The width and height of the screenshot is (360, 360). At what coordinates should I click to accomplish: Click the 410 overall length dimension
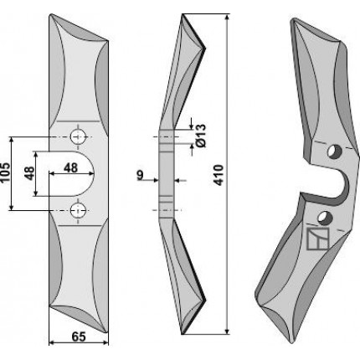(x=219, y=175)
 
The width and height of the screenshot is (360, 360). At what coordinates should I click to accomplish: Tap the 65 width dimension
(x=79, y=337)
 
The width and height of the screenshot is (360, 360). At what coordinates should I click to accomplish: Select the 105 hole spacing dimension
(x=5, y=172)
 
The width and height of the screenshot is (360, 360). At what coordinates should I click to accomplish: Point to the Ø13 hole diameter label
(x=201, y=136)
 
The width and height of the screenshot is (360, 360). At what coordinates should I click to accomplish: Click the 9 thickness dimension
(x=140, y=175)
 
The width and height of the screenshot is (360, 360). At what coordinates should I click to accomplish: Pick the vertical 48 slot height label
(x=30, y=173)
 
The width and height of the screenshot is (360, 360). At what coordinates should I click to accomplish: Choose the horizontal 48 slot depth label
(x=70, y=168)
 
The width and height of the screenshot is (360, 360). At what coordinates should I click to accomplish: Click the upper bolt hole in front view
(x=78, y=136)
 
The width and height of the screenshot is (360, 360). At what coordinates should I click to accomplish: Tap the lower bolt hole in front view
(x=78, y=210)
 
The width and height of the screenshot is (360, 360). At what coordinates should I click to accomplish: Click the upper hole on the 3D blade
(x=335, y=152)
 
